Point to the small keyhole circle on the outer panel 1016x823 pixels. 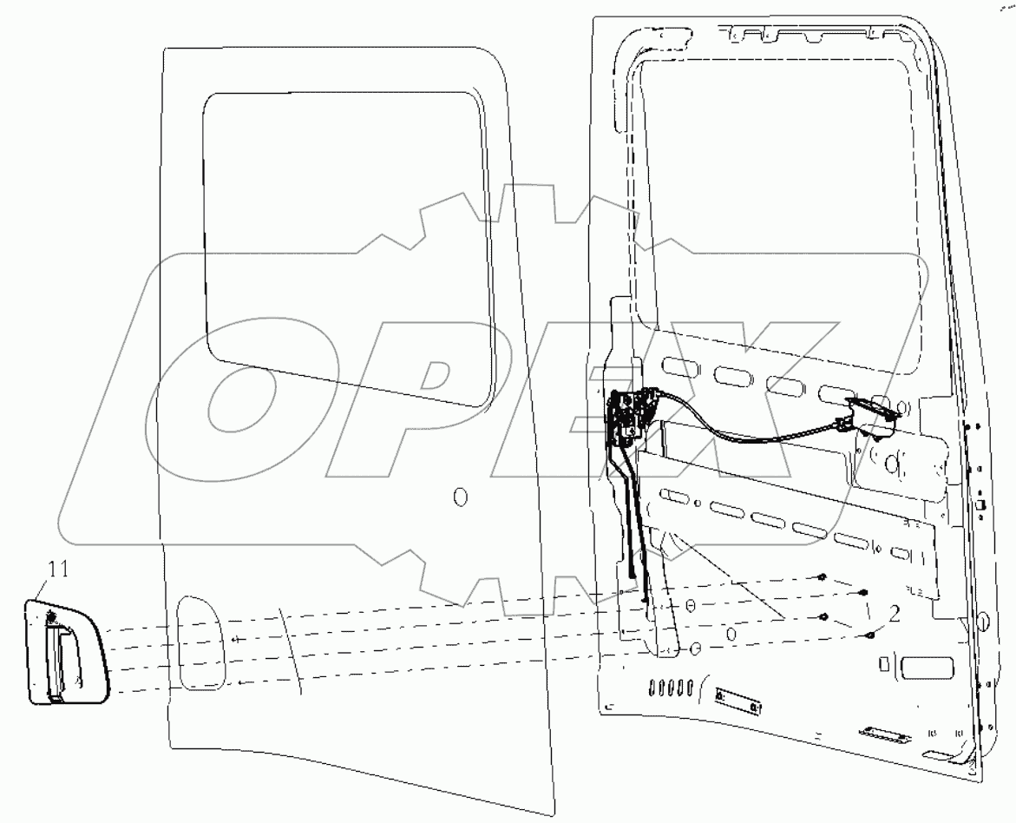coord(460,497)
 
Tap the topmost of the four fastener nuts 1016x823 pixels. coord(822,577)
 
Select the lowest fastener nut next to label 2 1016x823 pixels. coord(869,635)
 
